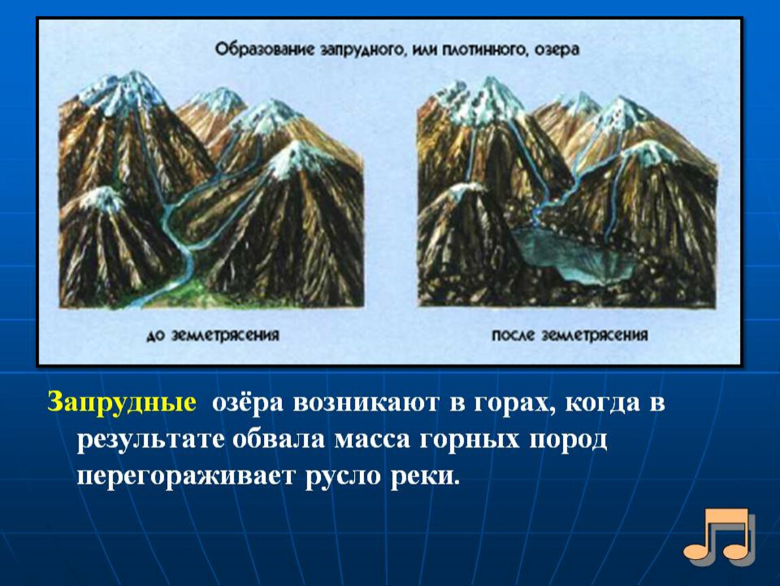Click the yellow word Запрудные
pos(121,402)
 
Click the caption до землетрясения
pos(212,335)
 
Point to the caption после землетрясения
pos(570,335)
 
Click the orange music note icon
pos(720,536)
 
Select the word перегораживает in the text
pos(184,477)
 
